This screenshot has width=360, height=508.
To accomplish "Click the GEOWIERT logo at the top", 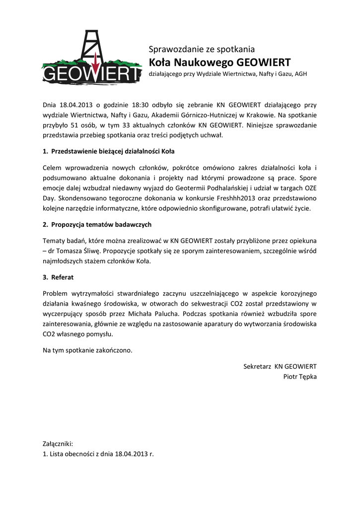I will [x=92, y=57].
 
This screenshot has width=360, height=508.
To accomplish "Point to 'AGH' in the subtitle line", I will [x=301, y=74].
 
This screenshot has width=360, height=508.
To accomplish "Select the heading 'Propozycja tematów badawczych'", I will [x=101, y=224].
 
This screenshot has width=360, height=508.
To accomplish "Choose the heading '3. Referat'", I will [x=58, y=277].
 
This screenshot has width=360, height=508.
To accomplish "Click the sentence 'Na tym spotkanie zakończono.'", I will [x=88, y=350].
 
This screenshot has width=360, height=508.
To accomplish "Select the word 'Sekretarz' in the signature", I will [x=257, y=366].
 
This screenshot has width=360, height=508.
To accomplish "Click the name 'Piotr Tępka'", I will [x=299, y=377].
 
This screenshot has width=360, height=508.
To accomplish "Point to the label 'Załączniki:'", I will [x=58, y=444].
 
